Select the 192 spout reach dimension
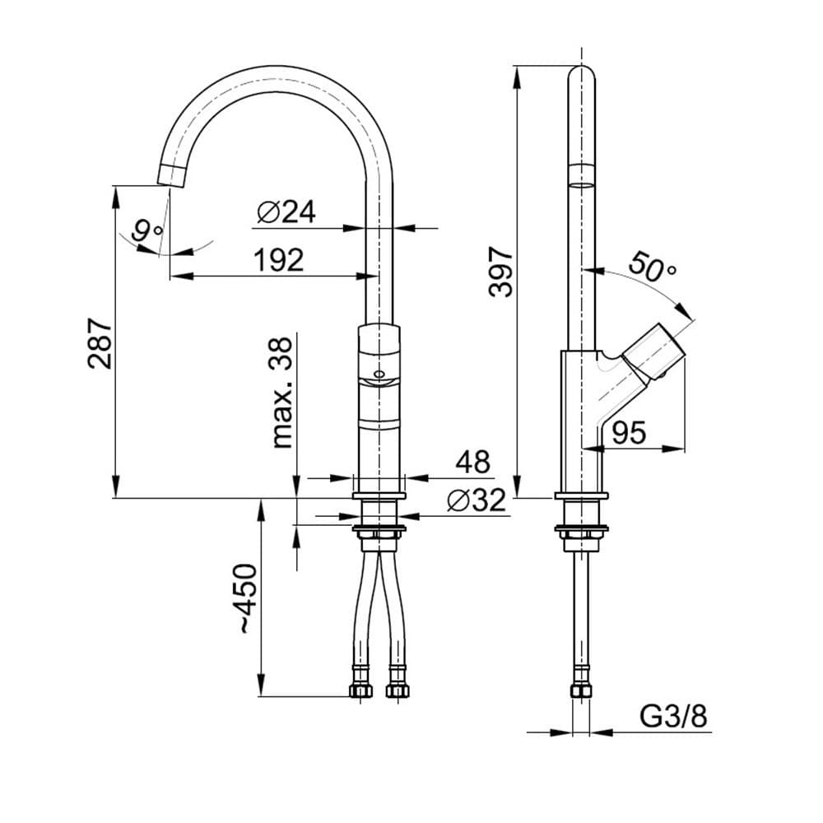click(x=278, y=260)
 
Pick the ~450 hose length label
click(x=244, y=598)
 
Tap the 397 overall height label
click(x=500, y=271)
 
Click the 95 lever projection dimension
click(x=630, y=432)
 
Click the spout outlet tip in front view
click(x=171, y=174)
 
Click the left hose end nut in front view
click(x=360, y=690)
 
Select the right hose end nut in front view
click(x=397, y=690)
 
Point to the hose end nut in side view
click(x=582, y=690)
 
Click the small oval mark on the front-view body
click(x=379, y=373)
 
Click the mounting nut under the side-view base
click(x=581, y=533)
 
